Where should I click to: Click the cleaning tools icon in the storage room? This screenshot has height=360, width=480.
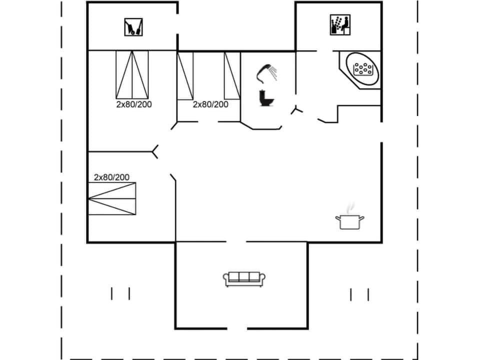(x=133, y=27)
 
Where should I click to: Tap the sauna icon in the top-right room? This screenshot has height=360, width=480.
(x=340, y=25)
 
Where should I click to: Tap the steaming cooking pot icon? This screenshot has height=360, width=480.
(x=349, y=219)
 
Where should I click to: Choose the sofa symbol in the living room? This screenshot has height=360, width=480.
(x=244, y=279)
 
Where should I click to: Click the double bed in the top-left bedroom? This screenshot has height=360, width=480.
(x=132, y=74)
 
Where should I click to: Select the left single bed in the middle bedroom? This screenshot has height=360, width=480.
(x=185, y=75)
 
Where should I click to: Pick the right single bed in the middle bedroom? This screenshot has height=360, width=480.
(x=232, y=75)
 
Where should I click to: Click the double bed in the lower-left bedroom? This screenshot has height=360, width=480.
(x=112, y=198)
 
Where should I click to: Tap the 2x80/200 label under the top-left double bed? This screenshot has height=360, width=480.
(x=134, y=104)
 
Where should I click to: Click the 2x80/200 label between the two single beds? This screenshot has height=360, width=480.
(x=210, y=104)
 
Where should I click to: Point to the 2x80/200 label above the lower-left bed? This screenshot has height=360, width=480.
(x=111, y=177)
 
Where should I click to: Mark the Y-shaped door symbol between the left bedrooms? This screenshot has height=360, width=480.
(x=155, y=151)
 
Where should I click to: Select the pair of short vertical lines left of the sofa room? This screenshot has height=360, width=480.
(x=120, y=293)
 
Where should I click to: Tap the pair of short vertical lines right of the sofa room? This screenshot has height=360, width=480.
(x=359, y=294)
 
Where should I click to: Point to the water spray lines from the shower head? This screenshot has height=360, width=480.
(x=273, y=73)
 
